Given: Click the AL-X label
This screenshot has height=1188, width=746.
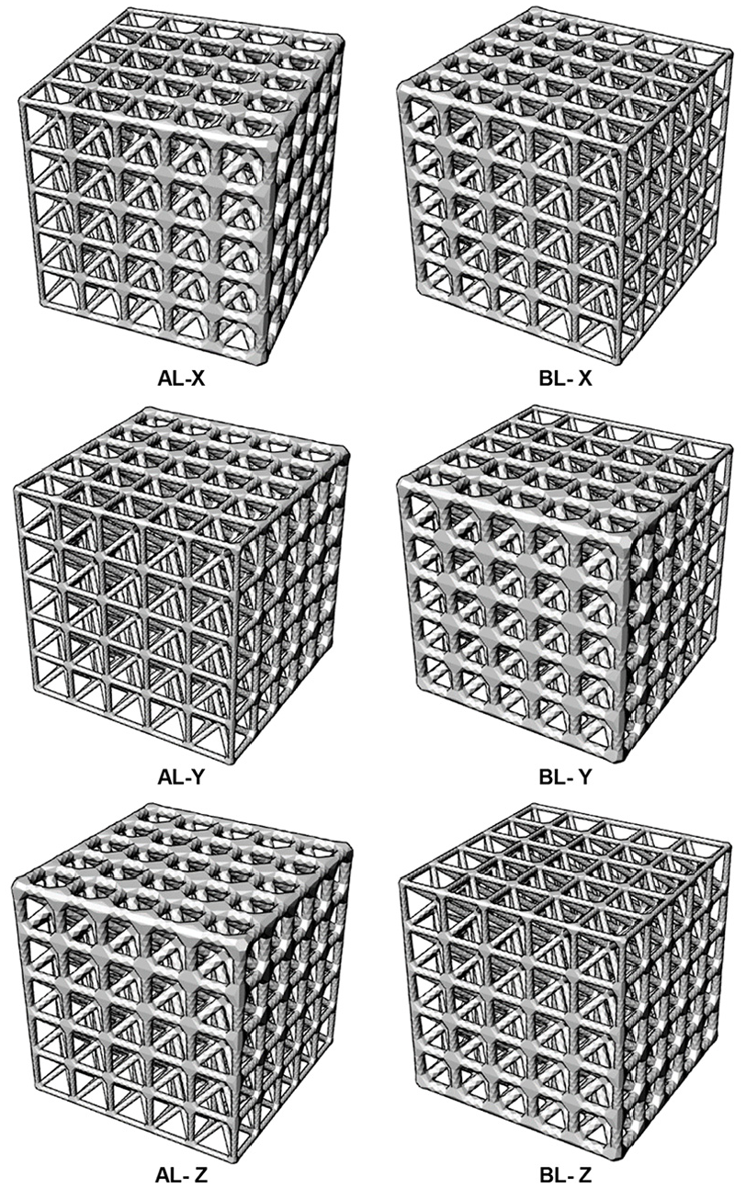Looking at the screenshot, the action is point(181,379).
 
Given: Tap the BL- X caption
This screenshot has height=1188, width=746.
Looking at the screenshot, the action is point(565,379).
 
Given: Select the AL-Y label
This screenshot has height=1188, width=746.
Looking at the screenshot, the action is point(181,777).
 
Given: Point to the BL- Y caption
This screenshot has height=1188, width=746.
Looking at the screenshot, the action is point(565,777).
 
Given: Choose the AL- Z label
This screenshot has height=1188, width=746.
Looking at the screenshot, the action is point(181,1175).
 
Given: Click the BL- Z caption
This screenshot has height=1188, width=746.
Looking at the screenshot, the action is point(565,1175).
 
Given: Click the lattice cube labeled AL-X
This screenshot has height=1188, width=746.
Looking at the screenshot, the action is point(181,186).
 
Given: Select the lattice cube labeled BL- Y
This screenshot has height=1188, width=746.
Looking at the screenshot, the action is point(565,583).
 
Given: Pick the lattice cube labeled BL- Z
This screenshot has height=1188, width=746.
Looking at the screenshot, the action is point(565,981).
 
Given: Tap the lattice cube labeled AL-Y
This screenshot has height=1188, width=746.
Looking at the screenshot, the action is point(181,583).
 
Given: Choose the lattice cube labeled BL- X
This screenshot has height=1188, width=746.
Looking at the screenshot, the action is point(565,186).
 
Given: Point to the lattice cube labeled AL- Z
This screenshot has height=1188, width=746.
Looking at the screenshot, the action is point(181,981).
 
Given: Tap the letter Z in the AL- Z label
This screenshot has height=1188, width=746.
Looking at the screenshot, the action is point(201,1175).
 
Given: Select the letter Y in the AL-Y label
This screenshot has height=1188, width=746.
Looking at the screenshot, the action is point(198,777).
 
